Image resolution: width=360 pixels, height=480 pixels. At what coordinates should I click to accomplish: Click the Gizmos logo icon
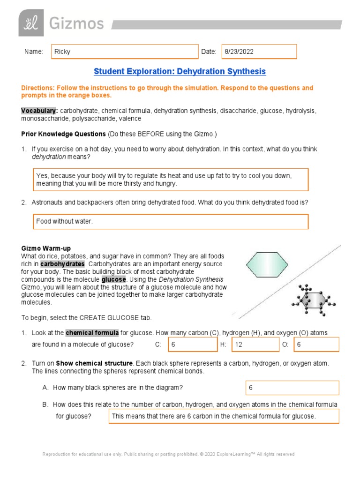coord(31,23)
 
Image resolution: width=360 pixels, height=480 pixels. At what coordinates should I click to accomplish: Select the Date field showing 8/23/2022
coord(260,52)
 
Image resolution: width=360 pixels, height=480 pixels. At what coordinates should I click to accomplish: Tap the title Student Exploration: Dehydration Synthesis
coord(180,71)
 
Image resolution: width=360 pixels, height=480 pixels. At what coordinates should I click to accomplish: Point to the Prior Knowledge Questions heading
coord(63,134)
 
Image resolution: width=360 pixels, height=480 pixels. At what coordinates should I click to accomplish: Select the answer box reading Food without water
coord(171,221)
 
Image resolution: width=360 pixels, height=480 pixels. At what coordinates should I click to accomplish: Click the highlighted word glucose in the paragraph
coord(113,279)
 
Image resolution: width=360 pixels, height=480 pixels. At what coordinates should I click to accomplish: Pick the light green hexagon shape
coord(265,267)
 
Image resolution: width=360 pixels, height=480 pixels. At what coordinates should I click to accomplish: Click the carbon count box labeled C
coord(193,345)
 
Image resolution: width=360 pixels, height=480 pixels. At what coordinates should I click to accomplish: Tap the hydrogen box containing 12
coord(255,345)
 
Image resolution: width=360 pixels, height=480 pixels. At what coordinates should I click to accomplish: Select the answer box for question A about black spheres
coord(292,388)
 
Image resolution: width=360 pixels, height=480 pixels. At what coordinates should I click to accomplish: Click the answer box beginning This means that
coord(224,416)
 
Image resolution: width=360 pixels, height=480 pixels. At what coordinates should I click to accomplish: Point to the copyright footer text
coord(168,454)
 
